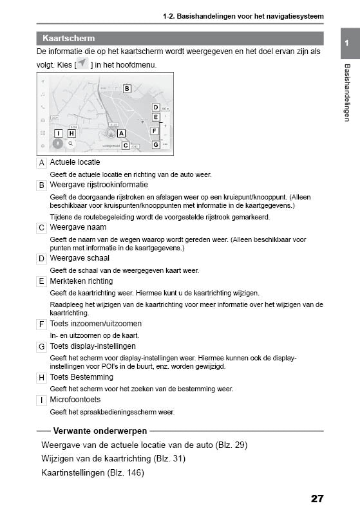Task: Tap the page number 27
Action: tap(316, 498)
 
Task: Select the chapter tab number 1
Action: tap(346, 42)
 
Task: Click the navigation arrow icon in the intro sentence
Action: tap(82, 64)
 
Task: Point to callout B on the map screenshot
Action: tap(127, 88)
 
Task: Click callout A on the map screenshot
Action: tap(122, 133)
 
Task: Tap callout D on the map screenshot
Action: tap(155, 107)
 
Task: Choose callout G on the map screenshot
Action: tap(155, 145)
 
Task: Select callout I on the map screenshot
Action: tap(59, 133)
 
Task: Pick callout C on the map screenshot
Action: tap(126, 146)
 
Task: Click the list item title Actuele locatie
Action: tap(75, 162)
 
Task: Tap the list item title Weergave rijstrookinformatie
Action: tap(94, 185)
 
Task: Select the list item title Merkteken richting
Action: tap(81, 281)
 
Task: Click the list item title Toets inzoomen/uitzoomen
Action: tap(95, 324)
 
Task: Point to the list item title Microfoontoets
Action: tap(75, 400)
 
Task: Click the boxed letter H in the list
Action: tap(42, 378)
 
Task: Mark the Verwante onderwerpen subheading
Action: tap(100, 431)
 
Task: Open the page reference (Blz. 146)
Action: tap(126, 472)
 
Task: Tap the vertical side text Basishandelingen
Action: tap(346, 93)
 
